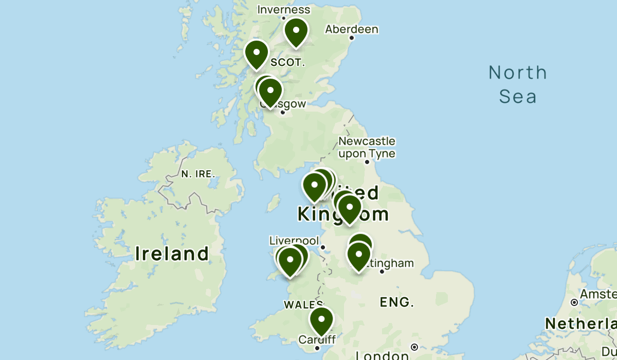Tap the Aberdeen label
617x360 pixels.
pyautogui.click(x=352, y=29)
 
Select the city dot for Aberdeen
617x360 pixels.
pyautogui.click(x=352, y=38)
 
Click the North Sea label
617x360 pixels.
pyautogui.click(x=518, y=84)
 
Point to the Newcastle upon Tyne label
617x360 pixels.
pyautogui.click(x=367, y=147)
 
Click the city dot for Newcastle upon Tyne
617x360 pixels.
pyautogui.click(x=367, y=162)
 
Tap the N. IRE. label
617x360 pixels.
pyautogui.click(x=197, y=174)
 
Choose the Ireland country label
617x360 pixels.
pyautogui.click(x=172, y=254)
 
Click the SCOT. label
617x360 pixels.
pyautogui.click(x=287, y=63)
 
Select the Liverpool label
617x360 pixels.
pyautogui.click(x=294, y=241)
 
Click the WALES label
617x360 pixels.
pyautogui.click(x=303, y=304)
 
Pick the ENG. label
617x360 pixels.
pyautogui.click(x=397, y=302)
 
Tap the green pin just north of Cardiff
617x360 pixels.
pyautogui.click(x=321, y=319)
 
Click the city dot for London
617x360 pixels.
pyautogui.click(x=414, y=347)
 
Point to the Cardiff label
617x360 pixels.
pyautogui.click(x=317, y=339)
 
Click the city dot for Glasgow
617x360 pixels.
pyautogui.click(x=282, y=112)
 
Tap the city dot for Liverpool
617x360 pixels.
pyautogui.click(x=323, y=247)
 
